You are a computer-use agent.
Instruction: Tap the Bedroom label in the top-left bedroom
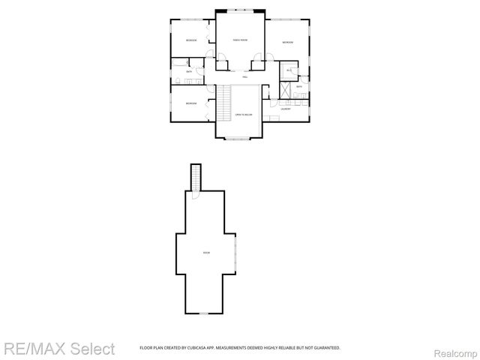point(191,40)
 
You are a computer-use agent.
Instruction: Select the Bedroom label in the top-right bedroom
point(288,43)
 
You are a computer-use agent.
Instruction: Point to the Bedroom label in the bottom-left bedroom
point(191,103)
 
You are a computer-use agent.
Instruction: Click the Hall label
point(244,77)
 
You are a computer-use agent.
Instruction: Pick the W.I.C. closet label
point(289,71)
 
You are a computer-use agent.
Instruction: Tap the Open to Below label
point(243,114)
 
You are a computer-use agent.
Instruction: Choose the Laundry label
point(286,109)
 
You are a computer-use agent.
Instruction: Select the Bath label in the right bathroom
point(298,87)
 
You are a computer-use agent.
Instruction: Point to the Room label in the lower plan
point(206,253)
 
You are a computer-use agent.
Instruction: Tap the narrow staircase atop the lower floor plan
point(196,178)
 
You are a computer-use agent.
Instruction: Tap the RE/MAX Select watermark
point(58,349)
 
